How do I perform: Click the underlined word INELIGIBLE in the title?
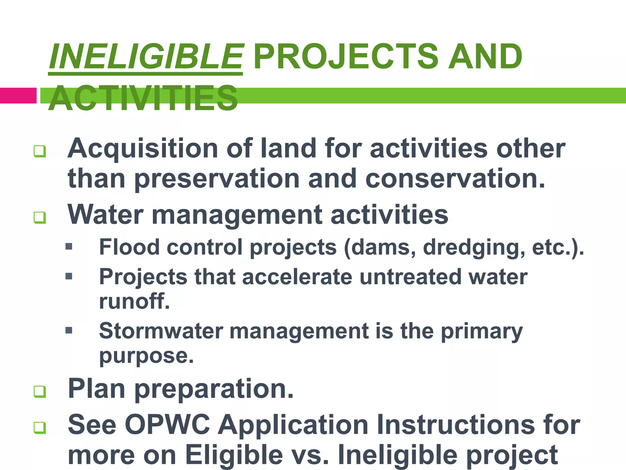click(146, 57)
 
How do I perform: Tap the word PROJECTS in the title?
click(346, 57)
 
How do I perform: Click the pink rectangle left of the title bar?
click(18, 95)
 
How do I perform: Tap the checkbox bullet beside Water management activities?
click(40, 218)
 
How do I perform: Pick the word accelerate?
click(297, 277)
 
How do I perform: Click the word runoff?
click(134, 301)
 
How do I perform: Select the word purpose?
click(146, 356)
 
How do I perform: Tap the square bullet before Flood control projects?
click(69, 246)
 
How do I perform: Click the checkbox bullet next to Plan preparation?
click(40, 391)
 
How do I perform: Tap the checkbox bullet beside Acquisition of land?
click(40, 151)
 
